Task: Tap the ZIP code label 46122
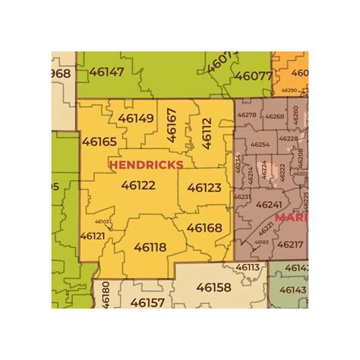pyautogui.click(x=138, y=185)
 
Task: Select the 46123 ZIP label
pyautogui.click(x=204, y=187)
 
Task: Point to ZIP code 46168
pyautogui.click(x=204, y=228)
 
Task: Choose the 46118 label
pyautogui.click(x=150, y=247)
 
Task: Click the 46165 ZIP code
pyautogui.click(x=99, y=141)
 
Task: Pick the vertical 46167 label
pyautogui.click(x=172, y=125)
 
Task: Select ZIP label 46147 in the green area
pyautogui.click(x=106, y=72)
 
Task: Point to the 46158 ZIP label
pyautogui.click(x=213, y=288)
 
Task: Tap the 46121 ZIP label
pyautogui.click(x=92, y=236)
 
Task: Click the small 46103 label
pyautogui.click(x=102, y=222)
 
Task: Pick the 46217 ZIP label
pyautogui.click(x=289, y=245)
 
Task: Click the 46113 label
pyautogui.click(x=247, y=267)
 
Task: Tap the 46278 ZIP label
pyautogui.click(x=247, y=115)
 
